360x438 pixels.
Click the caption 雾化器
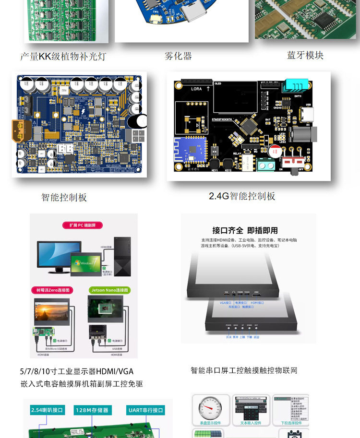(x=178, y=56)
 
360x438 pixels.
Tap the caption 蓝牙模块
(x=305, y=56)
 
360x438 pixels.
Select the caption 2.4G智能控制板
(x=242, y=196)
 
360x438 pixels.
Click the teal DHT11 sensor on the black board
(x=294, y=86)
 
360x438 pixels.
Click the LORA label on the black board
(x=197, y=89)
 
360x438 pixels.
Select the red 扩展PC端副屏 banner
(x=83, y=225)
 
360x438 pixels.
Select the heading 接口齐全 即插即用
(x=245, y=230)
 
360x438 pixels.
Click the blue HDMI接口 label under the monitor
(x=257, y=303)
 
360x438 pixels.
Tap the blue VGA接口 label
(x=225, y=303)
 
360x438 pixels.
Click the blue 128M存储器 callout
(x=94, y=410)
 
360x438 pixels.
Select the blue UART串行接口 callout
(x=146, y=410)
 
